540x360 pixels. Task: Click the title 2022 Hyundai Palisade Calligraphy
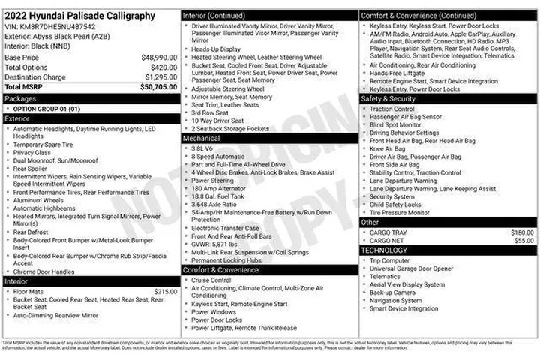click(x=79, y=15)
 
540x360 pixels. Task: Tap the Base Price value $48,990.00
click(x=159, y=57)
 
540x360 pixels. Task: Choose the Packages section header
click(x=20, y=98)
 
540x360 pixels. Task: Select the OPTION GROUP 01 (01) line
click(x=46, y=109)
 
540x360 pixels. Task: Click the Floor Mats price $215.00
click(x=165, y=291)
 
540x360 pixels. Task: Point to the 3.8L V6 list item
click(x=203, y=148)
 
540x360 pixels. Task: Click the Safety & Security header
click(x=388, y=99)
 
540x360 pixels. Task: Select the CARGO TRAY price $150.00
click(x=522, y=232)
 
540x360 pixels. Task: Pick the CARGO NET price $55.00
click(x=523, y=241)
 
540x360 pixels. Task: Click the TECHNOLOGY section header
click(x=384, y=250)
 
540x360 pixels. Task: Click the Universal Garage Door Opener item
click(x=411, y=268)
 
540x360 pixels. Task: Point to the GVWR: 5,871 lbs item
click(x=214, y=244)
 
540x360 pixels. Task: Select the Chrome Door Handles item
click(x=43, y=271)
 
